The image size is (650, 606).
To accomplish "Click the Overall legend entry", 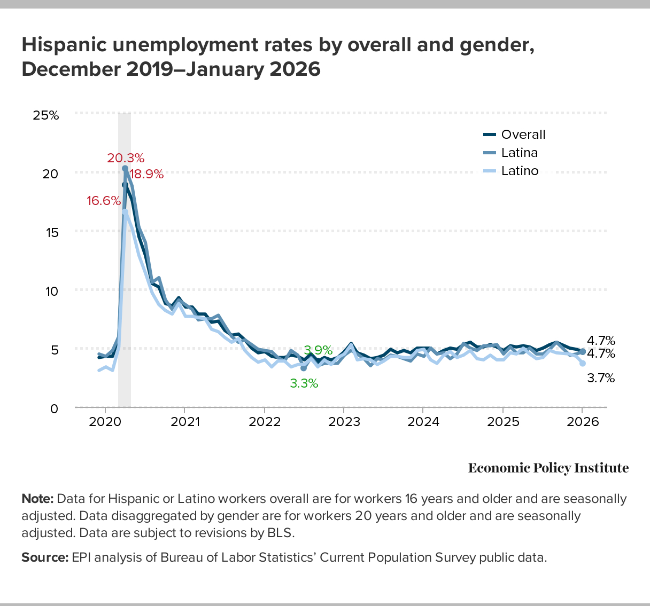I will [x=523, y=135].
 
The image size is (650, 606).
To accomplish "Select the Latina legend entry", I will [x=519, y=153].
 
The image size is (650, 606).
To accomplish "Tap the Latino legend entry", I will [x=520, y=171].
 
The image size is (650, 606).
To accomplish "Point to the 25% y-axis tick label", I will [x=46, y=115].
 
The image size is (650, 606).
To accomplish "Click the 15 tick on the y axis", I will [x=50, y=232].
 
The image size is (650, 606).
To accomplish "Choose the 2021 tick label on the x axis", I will [x=184, y=422].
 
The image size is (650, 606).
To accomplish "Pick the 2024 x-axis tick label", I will [x=423, y=422].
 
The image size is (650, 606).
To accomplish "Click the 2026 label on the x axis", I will [x=582, y=422].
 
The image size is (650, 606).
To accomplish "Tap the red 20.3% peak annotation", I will [x=126, y=158].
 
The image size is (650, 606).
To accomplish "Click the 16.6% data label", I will [x=104, y=201].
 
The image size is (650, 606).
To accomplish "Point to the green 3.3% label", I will [x=304, y=383].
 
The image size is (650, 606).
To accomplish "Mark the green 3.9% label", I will [x=318, y=350].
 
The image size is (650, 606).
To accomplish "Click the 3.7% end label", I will [x=601, y=378].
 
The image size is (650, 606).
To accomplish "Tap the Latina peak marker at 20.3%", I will [x=125, y=169].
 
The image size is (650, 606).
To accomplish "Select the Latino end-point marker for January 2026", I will [x=583, y=363].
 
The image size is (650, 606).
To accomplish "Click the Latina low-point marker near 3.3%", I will [x=304, y=368].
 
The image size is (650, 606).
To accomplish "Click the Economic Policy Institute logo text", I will [x=548, y=468].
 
